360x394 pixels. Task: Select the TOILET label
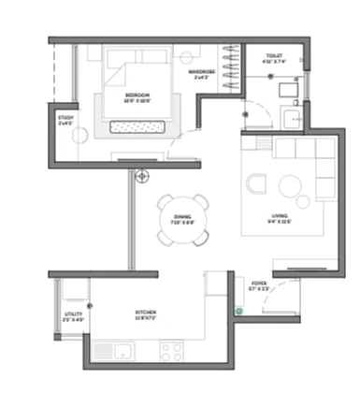(273, 56)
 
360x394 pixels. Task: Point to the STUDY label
(65, 118)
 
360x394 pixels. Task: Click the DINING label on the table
(182, 217)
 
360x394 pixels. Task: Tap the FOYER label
(259, 282)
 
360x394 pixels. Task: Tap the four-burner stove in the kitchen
(171, 351)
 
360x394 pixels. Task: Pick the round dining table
(183, 220)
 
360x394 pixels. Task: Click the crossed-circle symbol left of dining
(141, 174)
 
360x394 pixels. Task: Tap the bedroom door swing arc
(186, 147)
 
